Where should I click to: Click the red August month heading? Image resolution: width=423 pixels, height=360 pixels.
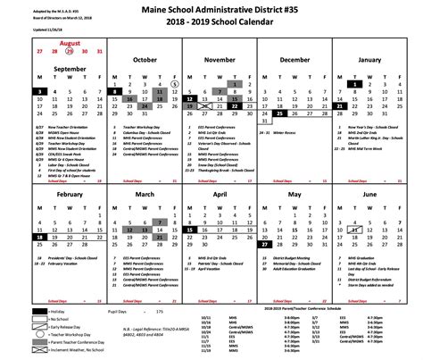tap(70, 43)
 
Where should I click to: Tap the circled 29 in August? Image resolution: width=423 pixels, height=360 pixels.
tap(70, 51)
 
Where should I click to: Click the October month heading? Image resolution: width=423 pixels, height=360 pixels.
tap(145, 59)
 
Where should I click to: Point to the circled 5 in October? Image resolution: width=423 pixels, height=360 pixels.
tap(176, 83)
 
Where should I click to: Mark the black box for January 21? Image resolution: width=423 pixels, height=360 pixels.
tap(340, 106)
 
